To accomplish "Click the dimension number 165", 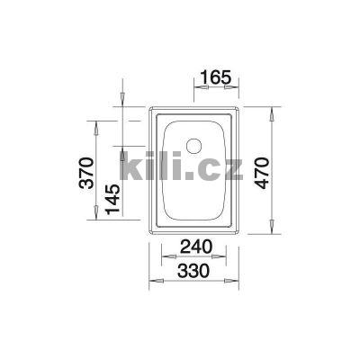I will (215, 76).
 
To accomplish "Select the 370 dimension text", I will (85, 171).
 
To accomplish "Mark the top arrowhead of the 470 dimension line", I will (273, 110).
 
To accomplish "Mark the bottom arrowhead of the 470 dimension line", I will (273, 232).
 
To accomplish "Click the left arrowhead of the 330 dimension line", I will (151, 281).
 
